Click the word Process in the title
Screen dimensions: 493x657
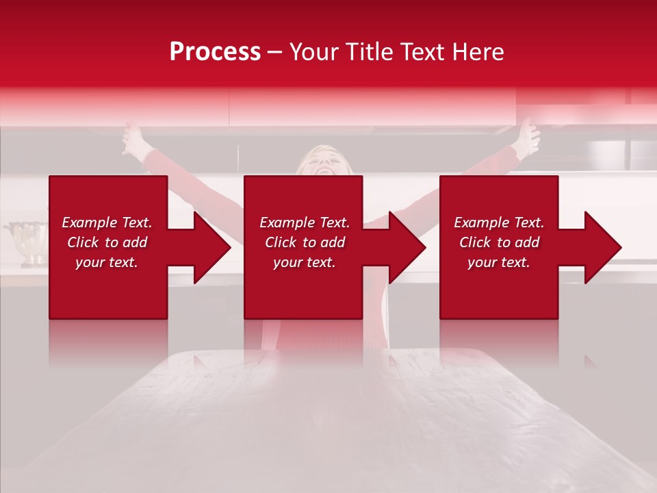pos(215,52)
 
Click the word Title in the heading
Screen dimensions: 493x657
pos(368,52)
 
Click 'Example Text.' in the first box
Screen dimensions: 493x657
pos(107,223)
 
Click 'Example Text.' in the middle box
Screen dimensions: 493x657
pos(305,223)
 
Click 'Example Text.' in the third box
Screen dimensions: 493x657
pos(499,223)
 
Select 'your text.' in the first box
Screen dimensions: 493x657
pos(107,262)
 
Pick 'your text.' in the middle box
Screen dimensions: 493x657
pos(305,262)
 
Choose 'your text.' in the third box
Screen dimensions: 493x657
pos(499,262)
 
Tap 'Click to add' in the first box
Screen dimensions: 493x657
pos(107,242)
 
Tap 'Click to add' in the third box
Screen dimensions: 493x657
pos(499,242)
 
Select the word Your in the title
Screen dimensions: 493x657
pos(315,52)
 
